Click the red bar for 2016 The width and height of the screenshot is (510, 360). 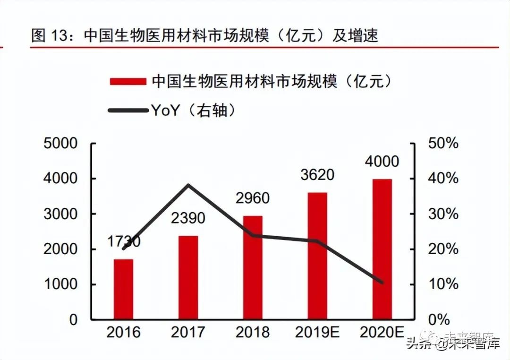click(123, 289)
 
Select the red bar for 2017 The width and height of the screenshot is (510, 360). click(188, 277)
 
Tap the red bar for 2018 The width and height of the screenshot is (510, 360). click(253, 267)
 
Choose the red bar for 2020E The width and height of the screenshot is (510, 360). click(382, 249)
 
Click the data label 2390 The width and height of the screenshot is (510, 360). click(188, 218)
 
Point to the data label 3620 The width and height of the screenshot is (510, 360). click(317, 175)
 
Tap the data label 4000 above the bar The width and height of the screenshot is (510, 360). click(382, 161)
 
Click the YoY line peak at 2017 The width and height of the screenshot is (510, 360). click(188, 185)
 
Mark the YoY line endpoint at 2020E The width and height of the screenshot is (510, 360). click(382, 283)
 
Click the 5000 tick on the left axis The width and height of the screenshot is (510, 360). click(61, 144)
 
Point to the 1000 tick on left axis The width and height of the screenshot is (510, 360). click(61, 284)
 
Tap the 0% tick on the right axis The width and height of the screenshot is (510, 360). click(439, 320)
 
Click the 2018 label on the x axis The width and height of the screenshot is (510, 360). click(253, 333)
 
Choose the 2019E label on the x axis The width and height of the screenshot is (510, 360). click(317, 333)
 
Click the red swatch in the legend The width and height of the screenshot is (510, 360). click(127, 82)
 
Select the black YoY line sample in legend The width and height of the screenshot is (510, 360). click(127, 111)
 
